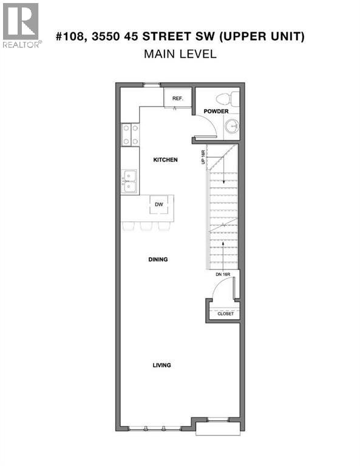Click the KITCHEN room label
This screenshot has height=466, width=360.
click(165, 160)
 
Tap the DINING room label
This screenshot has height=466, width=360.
click(157, 259)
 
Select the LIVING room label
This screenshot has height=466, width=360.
click(161, 365)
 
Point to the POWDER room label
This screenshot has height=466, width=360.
click(216, 111)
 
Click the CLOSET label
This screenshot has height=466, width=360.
click(225, 314)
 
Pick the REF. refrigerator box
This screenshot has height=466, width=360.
click(178, 98)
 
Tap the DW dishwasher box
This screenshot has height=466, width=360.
click(159, 204)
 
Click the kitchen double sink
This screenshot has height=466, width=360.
click(129, 181)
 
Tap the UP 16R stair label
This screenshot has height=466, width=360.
click(203, 158)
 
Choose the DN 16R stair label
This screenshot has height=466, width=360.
click(223, 275)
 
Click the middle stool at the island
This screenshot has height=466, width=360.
click(147, 226)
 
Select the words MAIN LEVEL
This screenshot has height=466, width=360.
click(180, 54)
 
